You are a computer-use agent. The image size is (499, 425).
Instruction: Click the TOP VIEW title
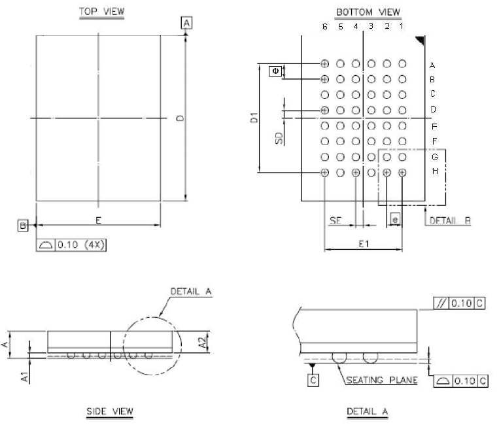102,12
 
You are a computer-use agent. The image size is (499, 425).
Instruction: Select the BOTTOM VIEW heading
368,12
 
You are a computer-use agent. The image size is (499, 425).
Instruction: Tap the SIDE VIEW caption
110,411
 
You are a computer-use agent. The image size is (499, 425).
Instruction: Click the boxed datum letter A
187,24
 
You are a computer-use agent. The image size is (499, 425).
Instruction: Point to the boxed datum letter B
23,226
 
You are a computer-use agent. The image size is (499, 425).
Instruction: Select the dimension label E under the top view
98,220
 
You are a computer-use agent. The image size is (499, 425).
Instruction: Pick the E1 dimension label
363,243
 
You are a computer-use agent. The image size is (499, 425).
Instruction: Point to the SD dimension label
279,138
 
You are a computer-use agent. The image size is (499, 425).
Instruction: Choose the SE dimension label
336,221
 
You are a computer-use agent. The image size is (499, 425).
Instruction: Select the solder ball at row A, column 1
402,63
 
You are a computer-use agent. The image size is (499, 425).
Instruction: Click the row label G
433,157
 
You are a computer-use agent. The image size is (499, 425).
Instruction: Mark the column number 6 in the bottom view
325,27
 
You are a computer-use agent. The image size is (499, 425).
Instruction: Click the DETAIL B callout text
450,221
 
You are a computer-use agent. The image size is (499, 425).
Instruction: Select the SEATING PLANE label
382,380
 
